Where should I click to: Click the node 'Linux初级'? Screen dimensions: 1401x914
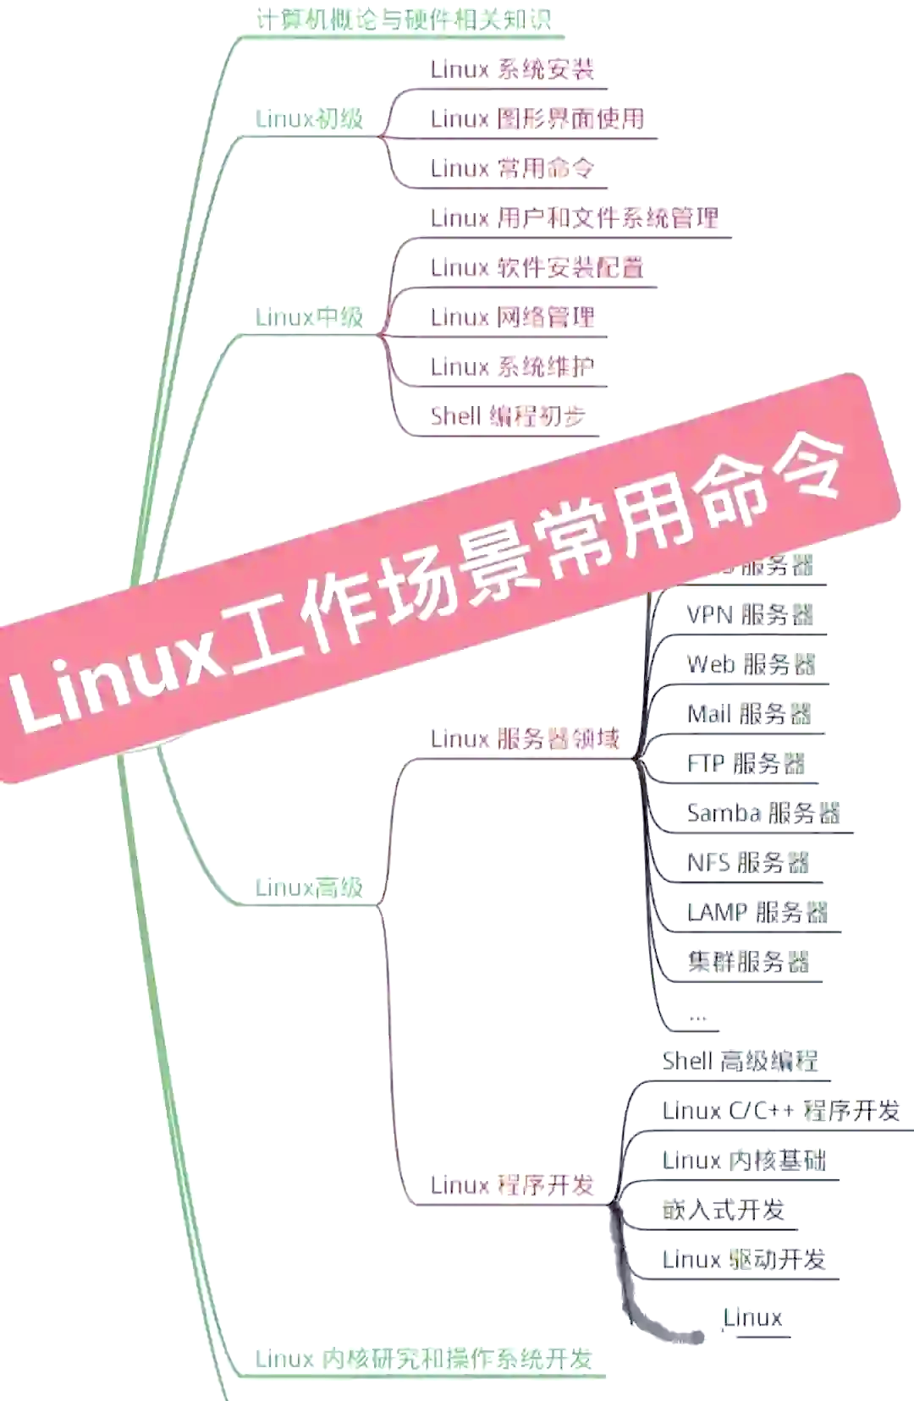pyautogui.click(x=309, y=118)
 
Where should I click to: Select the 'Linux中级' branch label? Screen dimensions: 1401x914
pyautogui.click(x=309, y=317)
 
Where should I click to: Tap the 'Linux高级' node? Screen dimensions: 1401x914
pyautogui.click(x=309, y=887)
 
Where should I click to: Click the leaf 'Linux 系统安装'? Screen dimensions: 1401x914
pyautogui.click(x=512, y=69)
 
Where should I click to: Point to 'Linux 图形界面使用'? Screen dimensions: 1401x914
pyautogui.click(x=537, y=118)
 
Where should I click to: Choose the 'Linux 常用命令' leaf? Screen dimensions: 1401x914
pyautogui.click(x=512, y=168)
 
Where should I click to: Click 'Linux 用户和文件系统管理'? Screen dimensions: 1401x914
pyautogui.click(x=574, y=218)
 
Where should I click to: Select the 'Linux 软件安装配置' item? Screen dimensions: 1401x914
pyautogui.click(x=537, y=268)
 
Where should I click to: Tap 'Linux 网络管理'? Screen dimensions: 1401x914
pyautogui.click(x=512, y=317)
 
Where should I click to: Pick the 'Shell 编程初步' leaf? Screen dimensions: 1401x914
pyautogui.click(x=507, y=416)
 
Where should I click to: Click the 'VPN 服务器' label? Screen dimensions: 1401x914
pyautogui.click(x=750, y=615)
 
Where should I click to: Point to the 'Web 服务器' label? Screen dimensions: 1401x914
pyautogui.click(x=751, y=665)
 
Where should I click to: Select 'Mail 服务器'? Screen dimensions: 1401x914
pyautogui.click(x=749, y=714)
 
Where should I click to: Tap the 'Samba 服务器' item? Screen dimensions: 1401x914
pyautogui.click(x=763, y=814)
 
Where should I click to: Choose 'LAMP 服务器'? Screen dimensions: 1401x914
pyautogui.click(x=757, y=913)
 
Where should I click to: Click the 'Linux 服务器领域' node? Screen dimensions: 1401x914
pyautogui.click(x=525, y=739)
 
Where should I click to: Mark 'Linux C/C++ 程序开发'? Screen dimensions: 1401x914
pyautogui.click(x=780, y=1111)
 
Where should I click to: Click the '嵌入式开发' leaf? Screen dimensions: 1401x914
pyautogui.click(x=724, y=1210)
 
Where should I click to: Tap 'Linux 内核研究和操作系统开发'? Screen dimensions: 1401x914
pyautogui.click(x=423, y=1360)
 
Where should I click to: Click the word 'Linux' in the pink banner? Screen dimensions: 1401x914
pyautogui.click(x=118, y=677)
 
